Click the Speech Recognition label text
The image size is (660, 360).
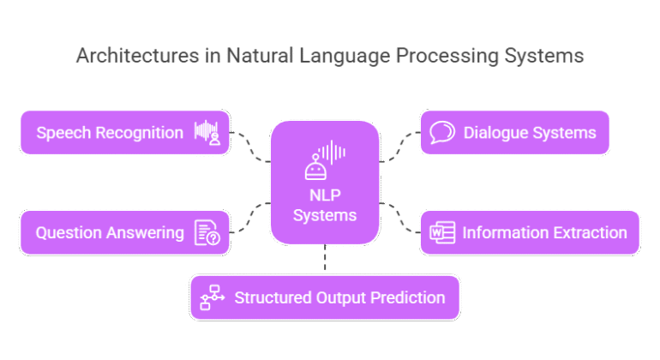tap(109, 133)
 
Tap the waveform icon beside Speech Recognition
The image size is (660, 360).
tap(207, 133)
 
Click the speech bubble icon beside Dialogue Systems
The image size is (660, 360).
tap(441, 133)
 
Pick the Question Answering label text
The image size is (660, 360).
tap(109, 232)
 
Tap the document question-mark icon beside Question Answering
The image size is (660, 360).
tap(207, 232)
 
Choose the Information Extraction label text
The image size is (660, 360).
tap(544, 232)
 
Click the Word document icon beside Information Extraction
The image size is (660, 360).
tap(441, 232)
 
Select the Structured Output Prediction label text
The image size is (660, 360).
tap(339, 297)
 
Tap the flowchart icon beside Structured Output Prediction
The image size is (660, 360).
tap(211, 297)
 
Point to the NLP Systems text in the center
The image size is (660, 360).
tap(325, 205)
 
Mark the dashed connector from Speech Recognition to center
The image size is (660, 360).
tap(251, 147)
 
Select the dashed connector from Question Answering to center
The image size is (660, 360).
tap(251, 219)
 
